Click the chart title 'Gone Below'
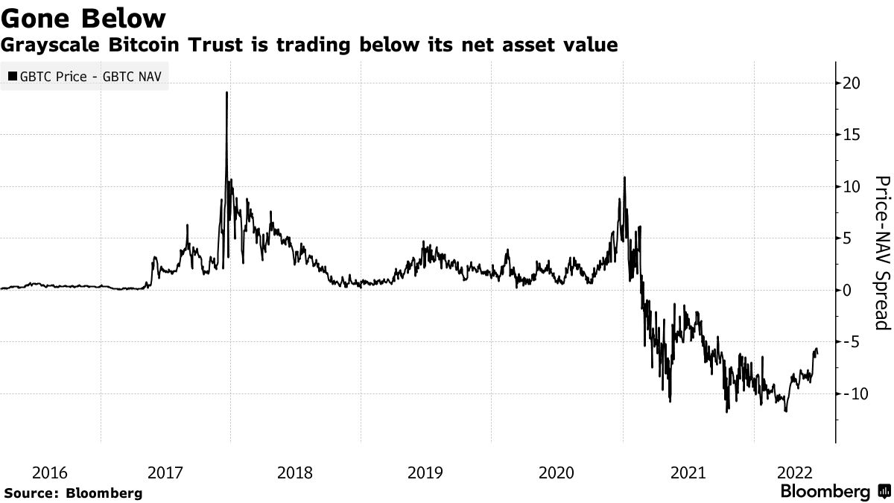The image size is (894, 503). pos(83,16)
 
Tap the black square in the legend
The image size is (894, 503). pos(13,75)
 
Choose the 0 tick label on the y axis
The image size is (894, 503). pos(846,290)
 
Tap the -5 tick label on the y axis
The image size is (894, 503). pos(851,342)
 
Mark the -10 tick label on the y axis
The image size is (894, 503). pos(853,393)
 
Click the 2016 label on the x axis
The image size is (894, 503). pos(50,472)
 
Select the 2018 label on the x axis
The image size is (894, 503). pos(295,472)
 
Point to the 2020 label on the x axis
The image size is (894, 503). pos(556,472)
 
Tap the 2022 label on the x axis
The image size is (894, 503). pos(794,472)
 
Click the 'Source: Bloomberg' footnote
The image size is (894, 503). pos(73,493)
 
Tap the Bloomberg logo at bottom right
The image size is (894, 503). pos(834,492)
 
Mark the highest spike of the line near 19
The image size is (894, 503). pos(226,93)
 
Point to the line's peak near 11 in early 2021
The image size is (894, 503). pos(624,178)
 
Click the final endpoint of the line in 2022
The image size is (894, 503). pos(818,354)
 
